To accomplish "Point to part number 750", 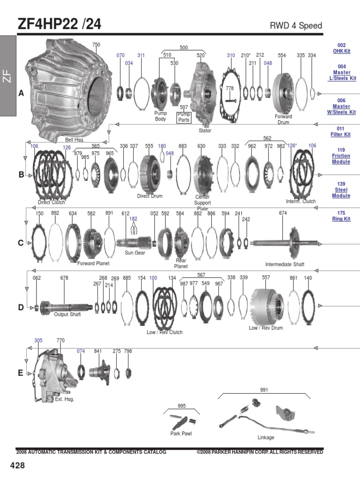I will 96,45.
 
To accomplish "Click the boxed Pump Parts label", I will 184,117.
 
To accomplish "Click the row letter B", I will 21,175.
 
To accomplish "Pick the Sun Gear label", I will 135,253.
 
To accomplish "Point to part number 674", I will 283,213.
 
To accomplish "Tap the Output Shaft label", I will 67,315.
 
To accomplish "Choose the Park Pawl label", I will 181,434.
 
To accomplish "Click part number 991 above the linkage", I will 264,390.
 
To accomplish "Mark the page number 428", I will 17,465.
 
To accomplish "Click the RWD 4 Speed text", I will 296,25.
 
